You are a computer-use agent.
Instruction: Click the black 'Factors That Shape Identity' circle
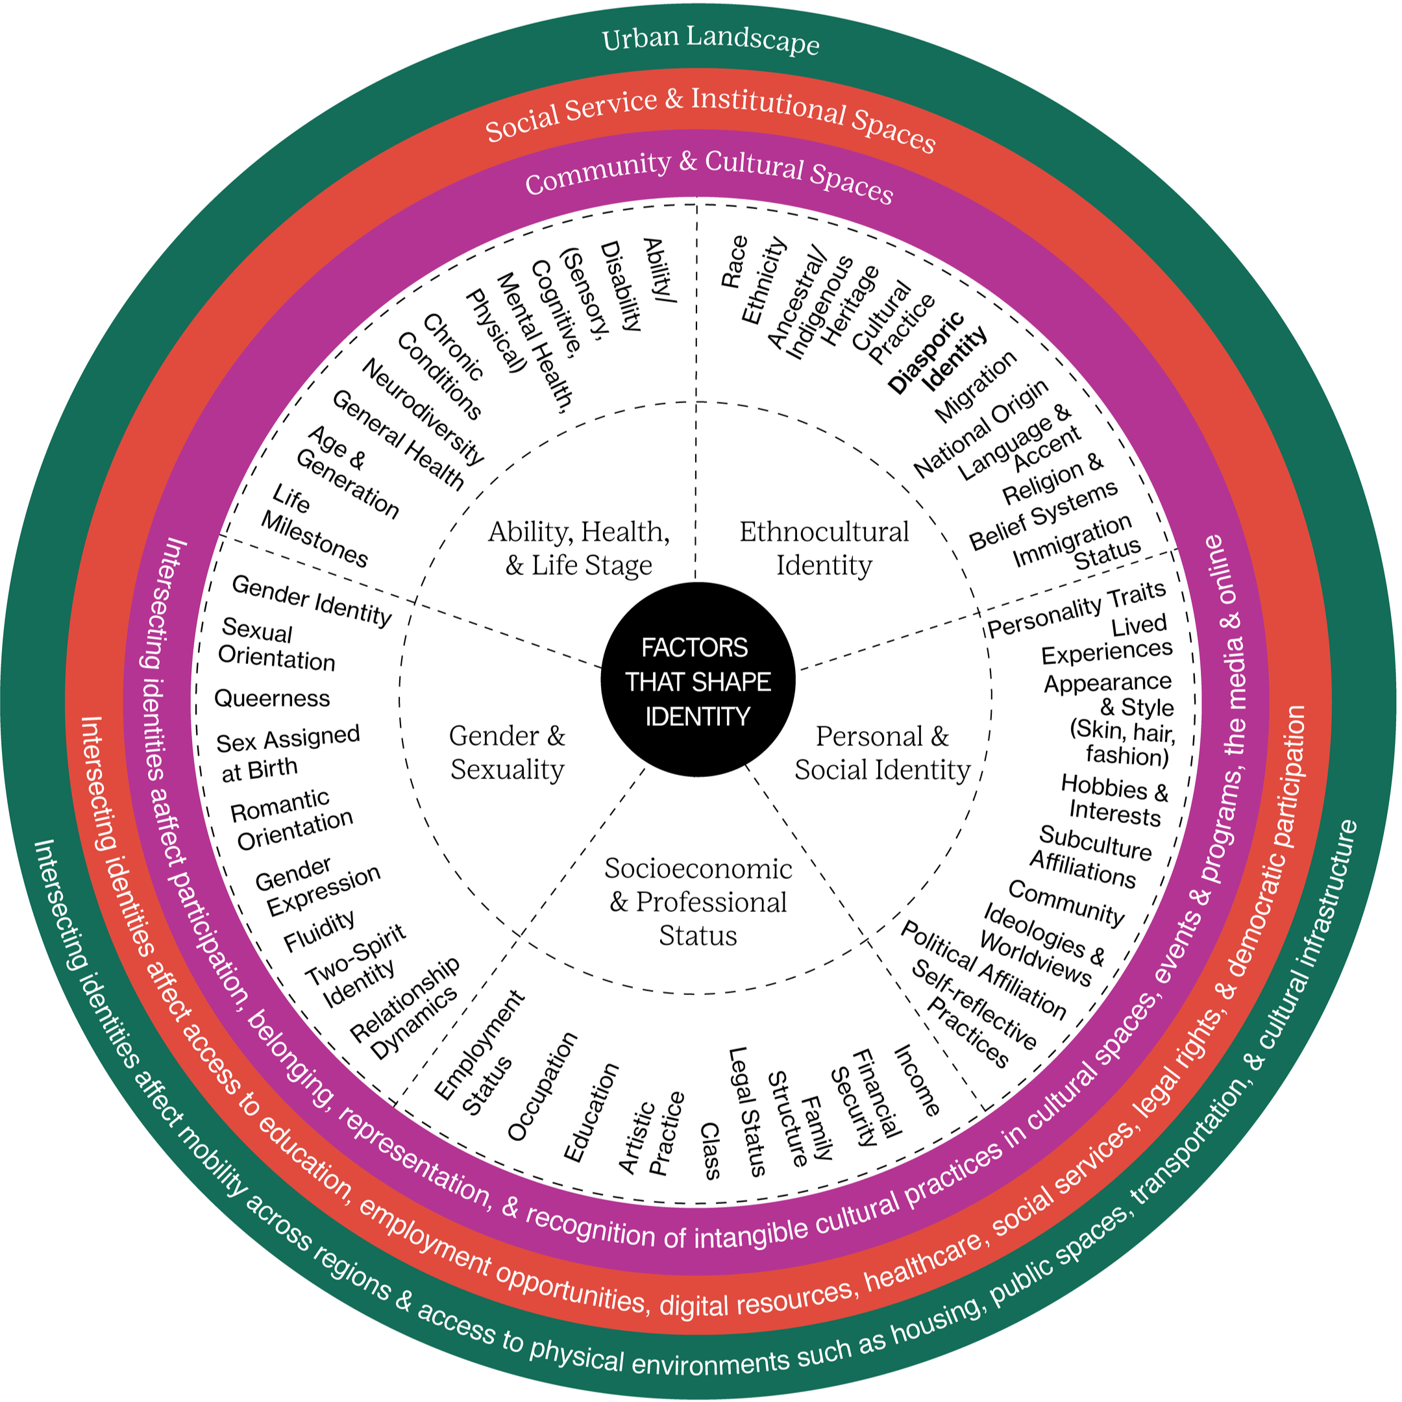(x=697, y=681)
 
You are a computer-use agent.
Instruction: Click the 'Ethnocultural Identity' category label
(x=824, y=548)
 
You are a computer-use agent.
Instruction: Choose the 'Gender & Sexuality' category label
(x=506, y=752)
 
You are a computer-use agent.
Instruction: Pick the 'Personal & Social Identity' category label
(x=881, y=753)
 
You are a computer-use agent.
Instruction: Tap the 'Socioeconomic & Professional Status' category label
(x=698, y=902)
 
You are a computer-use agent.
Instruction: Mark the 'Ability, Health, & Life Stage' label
(x=578, y=548)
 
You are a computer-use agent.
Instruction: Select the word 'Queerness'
(x=272, y=698)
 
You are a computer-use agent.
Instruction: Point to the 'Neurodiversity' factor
(x=423, y=412)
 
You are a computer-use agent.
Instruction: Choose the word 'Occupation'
(x=542, y=1087)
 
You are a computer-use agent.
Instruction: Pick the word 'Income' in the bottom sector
(x=916, y=1081)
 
